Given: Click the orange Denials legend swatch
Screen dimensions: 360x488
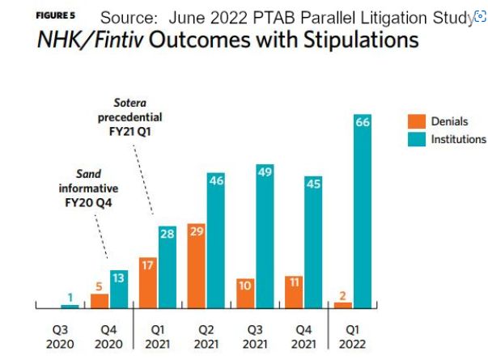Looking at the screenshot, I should coord(418,122).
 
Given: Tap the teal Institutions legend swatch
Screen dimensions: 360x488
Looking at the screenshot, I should coord(418,139).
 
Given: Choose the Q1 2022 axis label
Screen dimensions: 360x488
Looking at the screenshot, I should coord(352,336).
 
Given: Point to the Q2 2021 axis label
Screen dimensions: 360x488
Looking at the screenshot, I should coord(206,336).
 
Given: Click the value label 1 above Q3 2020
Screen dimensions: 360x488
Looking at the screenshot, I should coord(70,297).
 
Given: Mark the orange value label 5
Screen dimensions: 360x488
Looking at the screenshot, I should coord(99,285).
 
